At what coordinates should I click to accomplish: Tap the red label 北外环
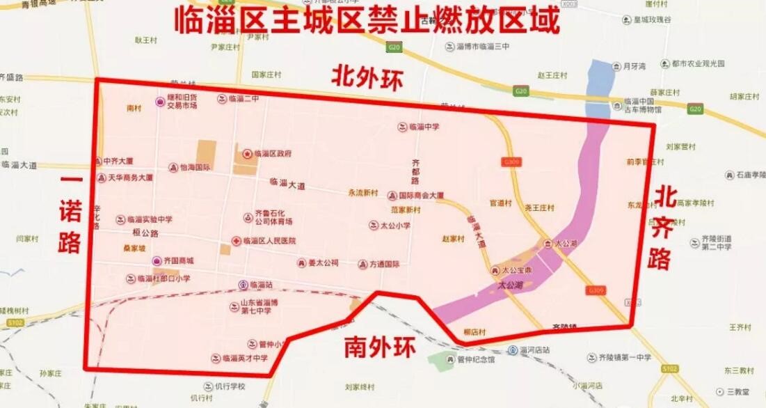367,77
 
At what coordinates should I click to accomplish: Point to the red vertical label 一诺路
70,214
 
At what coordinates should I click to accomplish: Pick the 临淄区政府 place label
272,153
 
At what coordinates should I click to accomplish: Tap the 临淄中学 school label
424,127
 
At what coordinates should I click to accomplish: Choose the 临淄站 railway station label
260,285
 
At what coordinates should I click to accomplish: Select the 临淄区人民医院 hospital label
269,240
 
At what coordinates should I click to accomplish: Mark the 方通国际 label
384,265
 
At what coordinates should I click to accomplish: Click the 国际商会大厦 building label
421,196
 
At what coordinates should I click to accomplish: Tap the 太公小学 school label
394,226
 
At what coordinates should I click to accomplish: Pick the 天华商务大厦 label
129,178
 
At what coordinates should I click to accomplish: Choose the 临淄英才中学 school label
244,359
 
